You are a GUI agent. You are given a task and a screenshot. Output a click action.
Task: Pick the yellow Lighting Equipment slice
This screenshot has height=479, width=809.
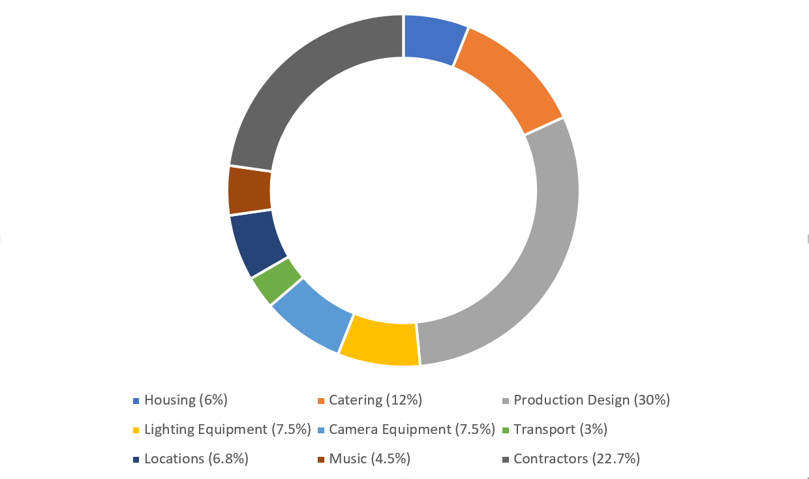click(x=381, y=340)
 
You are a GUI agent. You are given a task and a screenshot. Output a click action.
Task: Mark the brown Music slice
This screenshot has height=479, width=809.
click(x=250, y=191)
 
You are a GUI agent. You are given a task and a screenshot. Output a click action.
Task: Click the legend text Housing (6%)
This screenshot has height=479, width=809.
click(x=186, y=400)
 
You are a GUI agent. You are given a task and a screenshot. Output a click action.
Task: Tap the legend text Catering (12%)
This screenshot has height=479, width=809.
click(x=375, y=400)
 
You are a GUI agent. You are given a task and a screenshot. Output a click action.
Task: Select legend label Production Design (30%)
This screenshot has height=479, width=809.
click(x=592, y=400)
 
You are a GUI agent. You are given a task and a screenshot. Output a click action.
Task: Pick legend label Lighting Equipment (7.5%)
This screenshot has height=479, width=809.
click(x=227, y=429)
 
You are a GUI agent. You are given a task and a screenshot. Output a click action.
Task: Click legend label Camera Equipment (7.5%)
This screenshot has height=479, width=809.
click(x=412, y=429)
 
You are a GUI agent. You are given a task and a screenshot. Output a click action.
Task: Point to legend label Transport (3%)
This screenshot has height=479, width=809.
click(x=560, y=429)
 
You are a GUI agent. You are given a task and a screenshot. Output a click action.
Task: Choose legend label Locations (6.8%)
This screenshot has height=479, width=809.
click(x=196, y=459)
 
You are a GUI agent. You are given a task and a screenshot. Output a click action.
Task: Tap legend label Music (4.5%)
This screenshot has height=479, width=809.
click(x=369, y=459)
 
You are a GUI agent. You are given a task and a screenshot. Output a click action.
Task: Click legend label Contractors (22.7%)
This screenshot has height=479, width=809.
click(x=577, y=459)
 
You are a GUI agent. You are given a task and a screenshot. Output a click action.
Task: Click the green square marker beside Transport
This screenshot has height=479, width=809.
click(x=506, y=430)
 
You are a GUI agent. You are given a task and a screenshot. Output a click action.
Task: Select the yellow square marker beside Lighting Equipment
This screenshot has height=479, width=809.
click(x=136, y=430)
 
